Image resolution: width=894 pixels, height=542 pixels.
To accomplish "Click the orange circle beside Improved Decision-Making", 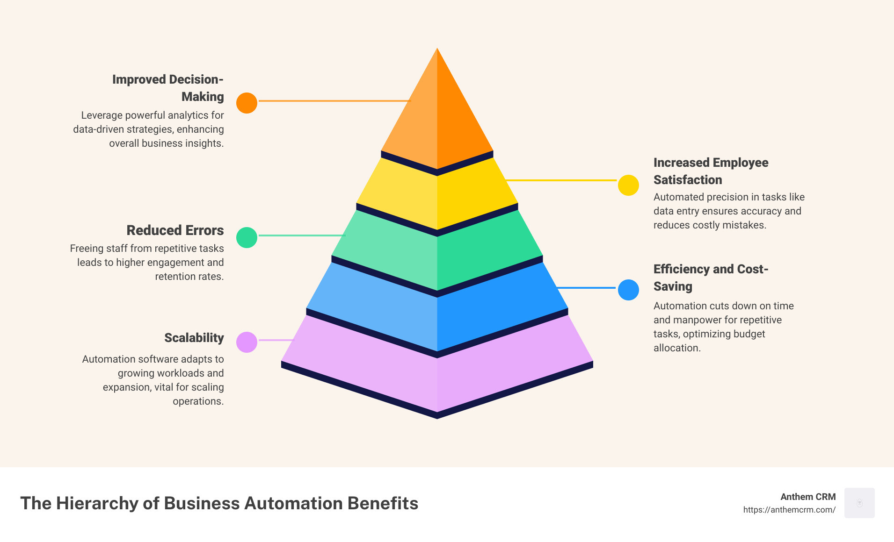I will (247, 103).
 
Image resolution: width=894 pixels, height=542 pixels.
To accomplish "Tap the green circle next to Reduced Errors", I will (247, 237).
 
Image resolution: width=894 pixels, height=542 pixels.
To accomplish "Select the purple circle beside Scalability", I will (247, 342).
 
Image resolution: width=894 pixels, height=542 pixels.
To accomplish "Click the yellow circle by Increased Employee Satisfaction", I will (628, 185).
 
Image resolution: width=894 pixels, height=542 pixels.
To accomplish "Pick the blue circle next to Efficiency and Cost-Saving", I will (628, 290).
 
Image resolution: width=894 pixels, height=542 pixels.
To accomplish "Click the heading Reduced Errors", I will (175, 230).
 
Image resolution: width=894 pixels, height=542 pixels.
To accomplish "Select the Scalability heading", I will (194, 338).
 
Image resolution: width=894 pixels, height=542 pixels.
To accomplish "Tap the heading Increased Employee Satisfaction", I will (711, 171).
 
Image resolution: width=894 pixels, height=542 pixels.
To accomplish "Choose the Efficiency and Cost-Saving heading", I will (711, 278).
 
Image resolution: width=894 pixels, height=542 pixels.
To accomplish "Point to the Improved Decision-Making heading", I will (167, 88).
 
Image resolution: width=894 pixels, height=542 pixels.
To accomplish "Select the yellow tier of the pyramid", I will (437, 196).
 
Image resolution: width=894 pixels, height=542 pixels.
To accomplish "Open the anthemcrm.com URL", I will (789, 510).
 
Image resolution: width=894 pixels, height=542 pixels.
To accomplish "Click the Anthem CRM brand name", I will (808, 497).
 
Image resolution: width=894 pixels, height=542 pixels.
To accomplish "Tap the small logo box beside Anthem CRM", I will (859, 503).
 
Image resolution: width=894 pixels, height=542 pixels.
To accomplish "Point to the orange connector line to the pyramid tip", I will (334, 100).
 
